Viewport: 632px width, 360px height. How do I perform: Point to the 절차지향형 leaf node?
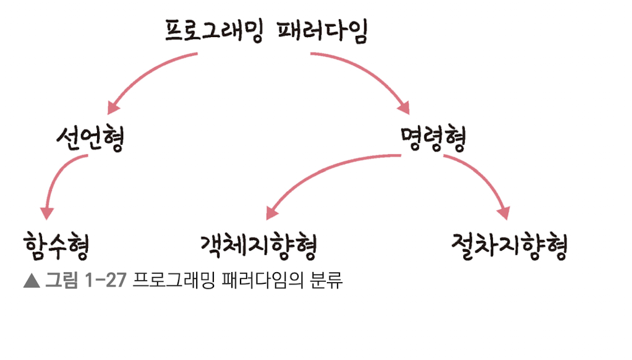pos(509,246)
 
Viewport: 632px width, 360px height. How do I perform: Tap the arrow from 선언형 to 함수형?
pos(56,179)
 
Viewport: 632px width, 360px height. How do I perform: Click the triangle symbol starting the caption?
pos(31,281)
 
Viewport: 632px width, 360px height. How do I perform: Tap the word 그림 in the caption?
pos(61,281)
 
